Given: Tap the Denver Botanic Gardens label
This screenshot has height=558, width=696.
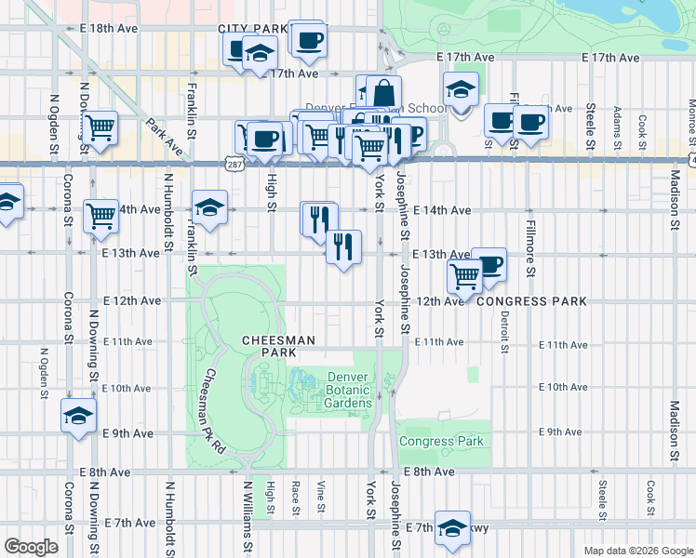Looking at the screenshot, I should pos(349,390).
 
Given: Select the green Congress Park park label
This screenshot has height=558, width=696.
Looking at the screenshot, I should pos(441,441).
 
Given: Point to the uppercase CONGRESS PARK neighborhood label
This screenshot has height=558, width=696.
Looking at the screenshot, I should pos(531,301).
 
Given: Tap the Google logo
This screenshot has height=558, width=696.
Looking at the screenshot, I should pos(31,547).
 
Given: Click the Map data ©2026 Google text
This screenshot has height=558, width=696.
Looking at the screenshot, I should pos(636,551).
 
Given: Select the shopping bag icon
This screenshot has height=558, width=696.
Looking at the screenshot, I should pos(383,93).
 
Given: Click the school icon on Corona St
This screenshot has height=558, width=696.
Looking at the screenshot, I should pos(79,415).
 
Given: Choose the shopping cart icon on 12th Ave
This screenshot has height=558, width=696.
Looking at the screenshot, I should pos(464,273).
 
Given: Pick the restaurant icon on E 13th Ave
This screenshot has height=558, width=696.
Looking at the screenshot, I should pos(343,246).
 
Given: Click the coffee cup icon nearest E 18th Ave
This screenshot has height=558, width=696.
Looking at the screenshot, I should pos(308,39).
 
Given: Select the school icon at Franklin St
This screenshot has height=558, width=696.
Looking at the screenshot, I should pos(210,207).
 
